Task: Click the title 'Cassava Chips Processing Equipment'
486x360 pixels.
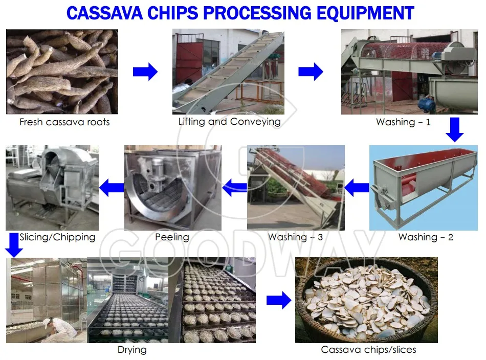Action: [240, 13]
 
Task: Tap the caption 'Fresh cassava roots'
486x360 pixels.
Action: [64, 122]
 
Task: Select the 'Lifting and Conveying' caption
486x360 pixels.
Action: [229, 122]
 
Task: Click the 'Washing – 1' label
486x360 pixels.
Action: [403, 122]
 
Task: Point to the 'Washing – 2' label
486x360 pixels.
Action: [426, 237]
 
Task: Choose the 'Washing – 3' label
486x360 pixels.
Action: [295, 237]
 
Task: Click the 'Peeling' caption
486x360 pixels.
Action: [172, 237]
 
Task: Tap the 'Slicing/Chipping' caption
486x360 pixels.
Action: [57, 237]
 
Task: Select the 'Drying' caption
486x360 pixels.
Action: [132, 350]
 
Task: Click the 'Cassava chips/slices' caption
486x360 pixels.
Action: [368, 350]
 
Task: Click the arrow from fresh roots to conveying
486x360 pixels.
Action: [145, 72]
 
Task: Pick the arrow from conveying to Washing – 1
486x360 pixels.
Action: [311, 72]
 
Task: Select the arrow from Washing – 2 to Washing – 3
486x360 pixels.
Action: [357, 188]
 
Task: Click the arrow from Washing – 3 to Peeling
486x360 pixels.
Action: [234, 188]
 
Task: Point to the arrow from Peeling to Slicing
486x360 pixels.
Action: [112, 188]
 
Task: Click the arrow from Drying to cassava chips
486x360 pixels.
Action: [279, 300]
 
